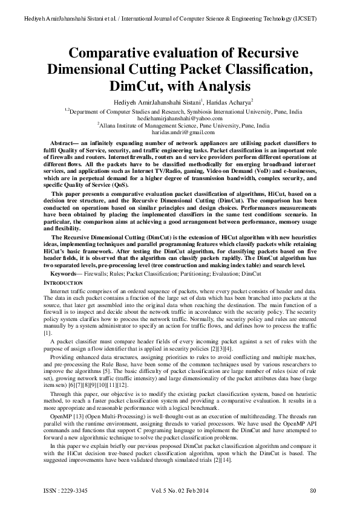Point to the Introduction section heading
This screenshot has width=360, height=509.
[x=65, y=282]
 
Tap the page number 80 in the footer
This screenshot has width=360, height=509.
[x=313, y=489]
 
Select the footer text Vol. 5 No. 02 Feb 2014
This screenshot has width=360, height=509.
[x=182, y=489]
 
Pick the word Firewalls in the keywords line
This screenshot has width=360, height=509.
[x=97, y=274]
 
